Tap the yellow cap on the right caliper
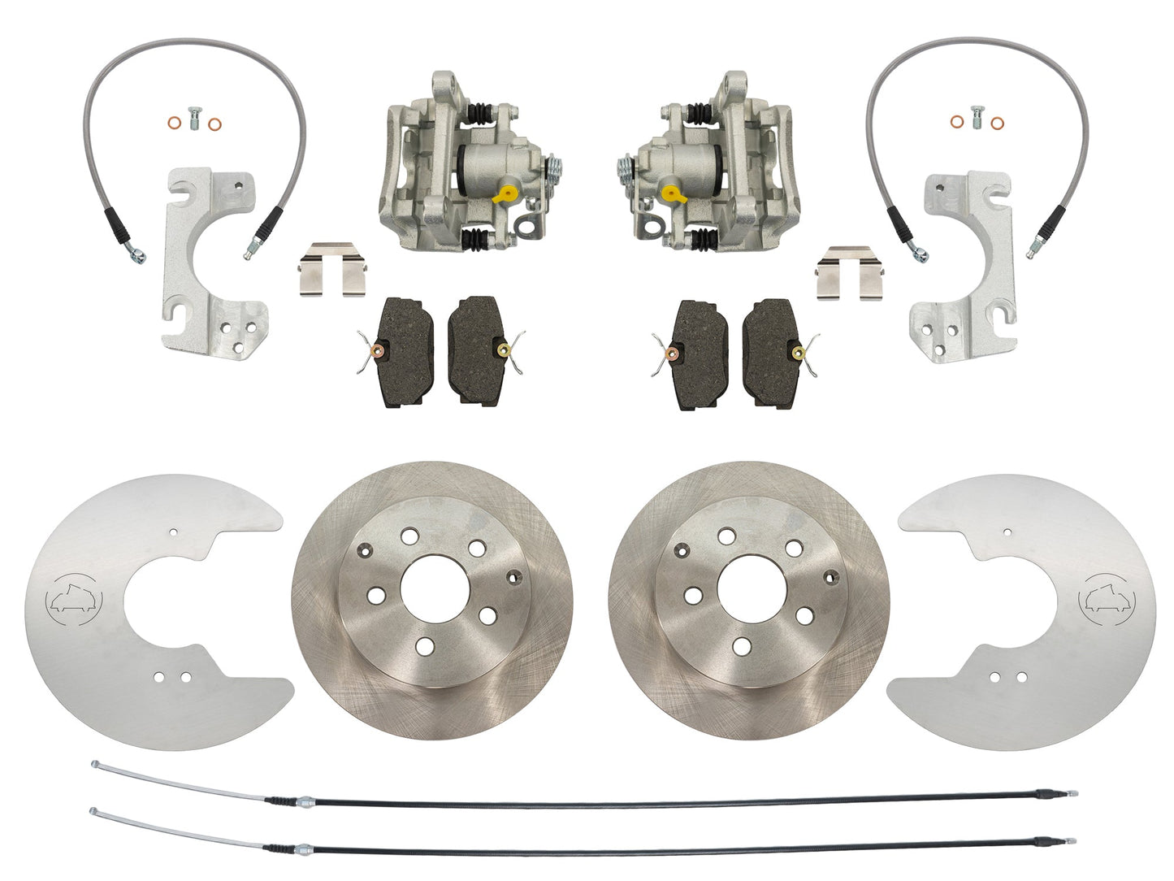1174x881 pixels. pyautogui.click(x=669, y=193)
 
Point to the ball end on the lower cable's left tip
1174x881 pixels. pyautogui.click(x=94, y=810)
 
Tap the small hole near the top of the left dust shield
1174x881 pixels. pyautogui.click(x=174, y=532)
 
